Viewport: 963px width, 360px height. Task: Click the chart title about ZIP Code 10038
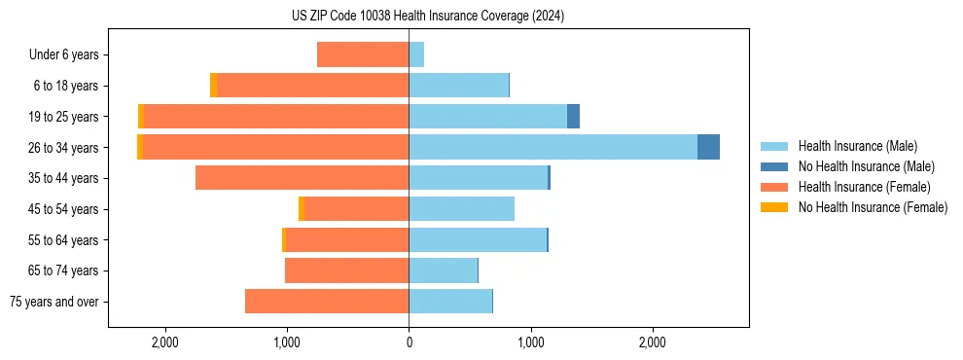pos(427,16)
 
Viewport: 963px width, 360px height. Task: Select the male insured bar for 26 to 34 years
pos(553,147)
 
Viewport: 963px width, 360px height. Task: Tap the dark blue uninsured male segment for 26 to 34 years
pos(708,147)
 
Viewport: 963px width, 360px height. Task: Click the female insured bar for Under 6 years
pos(363,55)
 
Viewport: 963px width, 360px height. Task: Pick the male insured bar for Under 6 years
pos(416,55)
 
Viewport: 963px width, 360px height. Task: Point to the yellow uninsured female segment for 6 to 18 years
pos(213,86)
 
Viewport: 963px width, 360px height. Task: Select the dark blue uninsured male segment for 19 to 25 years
pos(573,117)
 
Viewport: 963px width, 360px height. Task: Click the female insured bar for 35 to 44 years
pos(302,178)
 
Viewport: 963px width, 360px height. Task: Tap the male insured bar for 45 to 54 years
pos(461,209)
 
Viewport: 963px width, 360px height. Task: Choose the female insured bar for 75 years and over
pos(327,302)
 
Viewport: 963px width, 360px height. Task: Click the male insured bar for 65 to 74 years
pos(443,270)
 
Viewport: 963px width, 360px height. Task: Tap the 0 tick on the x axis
pos(409,342)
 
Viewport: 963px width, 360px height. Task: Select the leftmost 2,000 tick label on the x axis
pos(164,342)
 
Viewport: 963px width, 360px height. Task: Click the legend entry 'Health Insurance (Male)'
pos(857,146)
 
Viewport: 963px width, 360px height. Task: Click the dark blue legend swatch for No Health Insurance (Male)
pos(774,166)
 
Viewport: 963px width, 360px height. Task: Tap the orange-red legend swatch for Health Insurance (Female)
pos(774,187)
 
